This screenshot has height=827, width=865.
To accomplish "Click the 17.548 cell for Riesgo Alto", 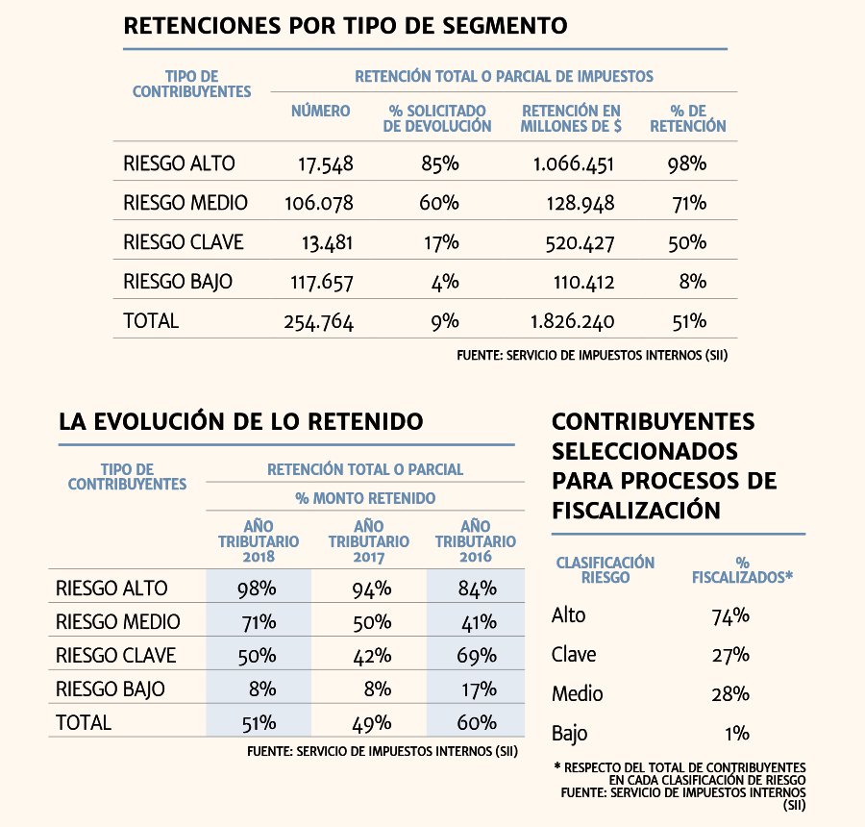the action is pos(326,164).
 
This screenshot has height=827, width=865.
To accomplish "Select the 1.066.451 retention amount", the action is pos(573,164).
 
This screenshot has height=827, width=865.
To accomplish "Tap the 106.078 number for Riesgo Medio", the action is pos(319,203).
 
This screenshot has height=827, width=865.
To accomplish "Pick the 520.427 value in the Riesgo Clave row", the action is pos(580,243).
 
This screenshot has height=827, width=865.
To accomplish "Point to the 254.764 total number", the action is pos(319,322).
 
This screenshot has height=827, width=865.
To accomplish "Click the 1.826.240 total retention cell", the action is pos(573,321).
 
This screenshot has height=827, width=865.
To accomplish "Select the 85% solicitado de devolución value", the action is pos(440,163).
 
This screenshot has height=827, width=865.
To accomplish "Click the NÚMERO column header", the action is pos(320,111).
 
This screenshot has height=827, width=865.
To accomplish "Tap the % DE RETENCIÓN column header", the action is pos(688,118).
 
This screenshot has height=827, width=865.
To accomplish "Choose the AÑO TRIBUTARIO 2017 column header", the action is pos(369,541).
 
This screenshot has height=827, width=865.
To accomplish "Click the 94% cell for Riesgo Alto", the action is pos(372,589).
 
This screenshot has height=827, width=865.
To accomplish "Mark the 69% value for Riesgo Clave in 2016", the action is pos(477,655).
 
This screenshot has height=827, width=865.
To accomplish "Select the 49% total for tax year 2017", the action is pos(372,722).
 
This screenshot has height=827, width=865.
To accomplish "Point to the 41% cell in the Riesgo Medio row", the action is pos(479,622).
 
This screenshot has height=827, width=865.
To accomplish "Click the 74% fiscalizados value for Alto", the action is pos(730,615).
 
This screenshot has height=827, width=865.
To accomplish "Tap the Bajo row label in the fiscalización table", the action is pos(569,734).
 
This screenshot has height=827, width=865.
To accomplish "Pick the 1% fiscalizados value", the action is pos(737,733).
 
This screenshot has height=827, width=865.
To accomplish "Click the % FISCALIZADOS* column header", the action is pos(743,569).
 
